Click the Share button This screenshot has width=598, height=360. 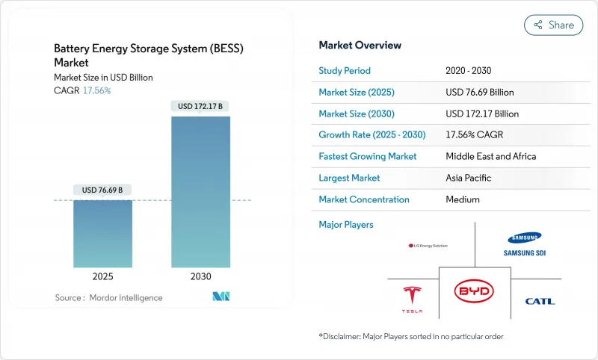pyautogui.click(x=553, y=25)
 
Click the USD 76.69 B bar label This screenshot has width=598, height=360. pyautogui.click(x=102, y=190)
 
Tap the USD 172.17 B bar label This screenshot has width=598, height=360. pyautogui.click(x=201, y=106)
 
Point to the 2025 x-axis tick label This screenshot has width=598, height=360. pyautogui.click(x=102, y=276)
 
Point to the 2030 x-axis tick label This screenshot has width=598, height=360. pyautogui.click(x=201, y=276)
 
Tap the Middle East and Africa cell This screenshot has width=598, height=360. pyautogui.click(x=490, y=157)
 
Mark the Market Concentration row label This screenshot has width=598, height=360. pyautogui.click(x=364, y=199)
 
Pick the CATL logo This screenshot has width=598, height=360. pyautogui.click(x=540, y=301)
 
